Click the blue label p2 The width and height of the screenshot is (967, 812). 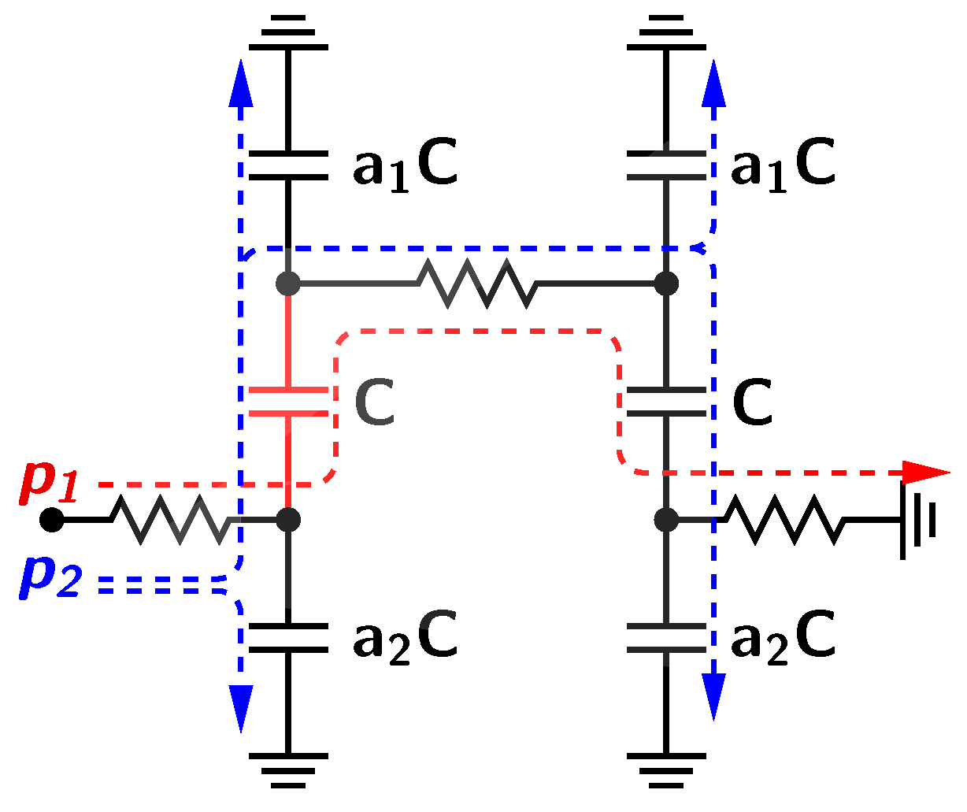pyautogui.click(x=49, y=577)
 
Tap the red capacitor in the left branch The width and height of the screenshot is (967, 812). pyautogui.click(x=288, y=401)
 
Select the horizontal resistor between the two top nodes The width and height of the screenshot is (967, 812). pyautogui.click(x=478, y=283)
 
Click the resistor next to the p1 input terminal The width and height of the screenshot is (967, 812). pyautogui.click(x=169, y=520)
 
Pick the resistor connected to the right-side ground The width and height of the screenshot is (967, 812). pyautogui.click(x=784, y=520)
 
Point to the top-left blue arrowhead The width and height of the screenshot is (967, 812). pyautogui.click(x=240, y=83)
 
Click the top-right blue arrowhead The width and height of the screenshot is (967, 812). pyautogui.click(x=713, y=83)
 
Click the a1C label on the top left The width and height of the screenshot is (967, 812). pyautogui.click(x=405, y=165)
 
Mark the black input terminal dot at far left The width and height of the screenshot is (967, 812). pyautogui.click(x=52, y=520)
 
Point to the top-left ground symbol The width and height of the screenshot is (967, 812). pyautogui.click(x=288, y=32)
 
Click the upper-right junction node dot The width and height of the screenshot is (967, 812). pyautogui.click(x=666, y=283)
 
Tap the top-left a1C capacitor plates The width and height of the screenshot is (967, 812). pyautogui.click(x=288, y=165)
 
